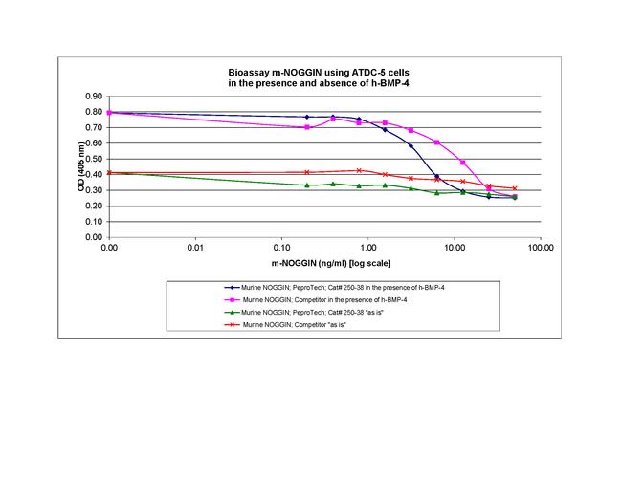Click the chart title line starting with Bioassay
point(323,73)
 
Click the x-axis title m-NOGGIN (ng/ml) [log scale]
point(322,263)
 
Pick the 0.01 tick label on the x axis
point(195,247)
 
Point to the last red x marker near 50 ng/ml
point(515,188)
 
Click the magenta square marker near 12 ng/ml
point(463,163)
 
